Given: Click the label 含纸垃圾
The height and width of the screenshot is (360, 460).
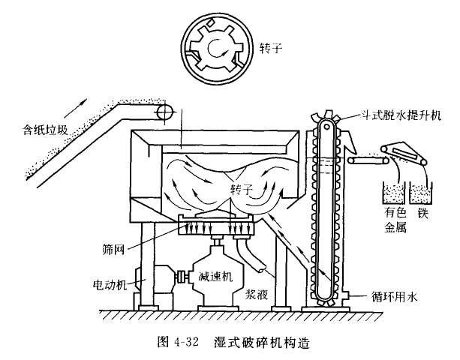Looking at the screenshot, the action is (46, 130).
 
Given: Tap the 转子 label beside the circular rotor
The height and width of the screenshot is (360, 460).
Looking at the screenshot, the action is (270, 48).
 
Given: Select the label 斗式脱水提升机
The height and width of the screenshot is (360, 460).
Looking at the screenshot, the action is (401, 115).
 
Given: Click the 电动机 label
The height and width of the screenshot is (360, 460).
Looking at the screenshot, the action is (110, 284).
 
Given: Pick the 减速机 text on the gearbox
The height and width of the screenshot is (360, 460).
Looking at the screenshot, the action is (215, 276).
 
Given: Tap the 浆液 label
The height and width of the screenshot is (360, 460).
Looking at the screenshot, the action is (257, 294).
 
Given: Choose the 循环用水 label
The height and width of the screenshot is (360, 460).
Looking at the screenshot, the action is (394, 296).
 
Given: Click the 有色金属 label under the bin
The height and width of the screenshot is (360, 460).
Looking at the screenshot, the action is (395, 219).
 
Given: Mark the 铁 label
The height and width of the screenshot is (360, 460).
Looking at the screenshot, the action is (422, 212).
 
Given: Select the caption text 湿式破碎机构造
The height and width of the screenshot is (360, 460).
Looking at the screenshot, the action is (262, 342).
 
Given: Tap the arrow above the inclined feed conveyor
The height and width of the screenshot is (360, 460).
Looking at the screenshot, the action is (79, 107).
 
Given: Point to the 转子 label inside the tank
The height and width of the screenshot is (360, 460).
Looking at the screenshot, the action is (242, 190).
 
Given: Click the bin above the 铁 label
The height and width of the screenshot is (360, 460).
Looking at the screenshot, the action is (421, 193).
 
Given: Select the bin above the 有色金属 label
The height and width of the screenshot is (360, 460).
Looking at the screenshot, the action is (394, 193).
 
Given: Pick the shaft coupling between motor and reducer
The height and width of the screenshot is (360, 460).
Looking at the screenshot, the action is (180, 277).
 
